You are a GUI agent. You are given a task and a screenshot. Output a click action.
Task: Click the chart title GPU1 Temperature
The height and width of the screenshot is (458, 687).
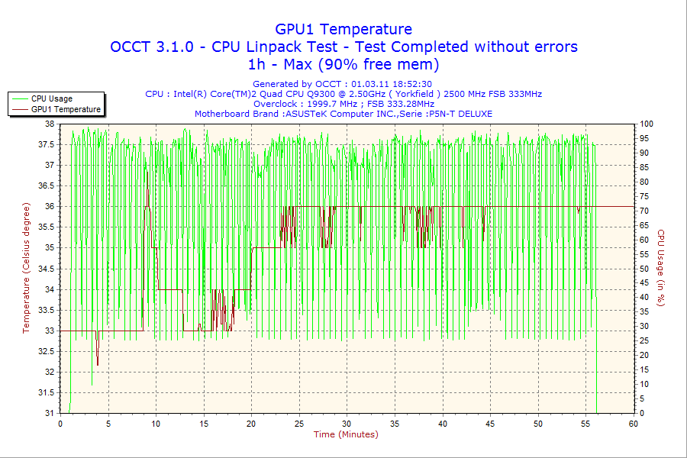coord(343,29)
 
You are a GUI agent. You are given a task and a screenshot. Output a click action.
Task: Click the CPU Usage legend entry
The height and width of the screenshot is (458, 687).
coord(52,98)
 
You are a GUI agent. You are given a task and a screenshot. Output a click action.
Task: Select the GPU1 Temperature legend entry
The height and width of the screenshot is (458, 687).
coord(66,109)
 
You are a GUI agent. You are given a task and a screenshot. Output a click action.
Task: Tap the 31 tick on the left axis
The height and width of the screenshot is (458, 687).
coord(50,413)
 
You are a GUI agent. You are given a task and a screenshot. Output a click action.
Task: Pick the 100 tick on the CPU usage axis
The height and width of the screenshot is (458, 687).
coord(646,124)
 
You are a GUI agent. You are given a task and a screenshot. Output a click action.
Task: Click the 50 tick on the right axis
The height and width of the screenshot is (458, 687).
coord(643,269)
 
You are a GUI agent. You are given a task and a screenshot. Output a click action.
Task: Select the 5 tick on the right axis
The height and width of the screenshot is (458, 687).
coord(641,398)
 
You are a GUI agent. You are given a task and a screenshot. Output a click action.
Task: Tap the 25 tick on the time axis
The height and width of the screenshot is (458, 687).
coord(299,424)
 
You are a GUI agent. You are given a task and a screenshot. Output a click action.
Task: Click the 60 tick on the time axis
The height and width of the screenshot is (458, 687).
coord(633,424)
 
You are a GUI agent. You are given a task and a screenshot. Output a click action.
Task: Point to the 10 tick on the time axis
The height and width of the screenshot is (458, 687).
coord(156,424)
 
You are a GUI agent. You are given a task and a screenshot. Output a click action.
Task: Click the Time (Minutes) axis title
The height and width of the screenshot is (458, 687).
coord(346,434)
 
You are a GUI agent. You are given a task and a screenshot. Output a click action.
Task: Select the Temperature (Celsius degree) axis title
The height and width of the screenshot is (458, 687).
coord(27,268)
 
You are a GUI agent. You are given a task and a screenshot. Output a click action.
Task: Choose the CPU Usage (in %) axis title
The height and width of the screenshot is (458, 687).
coord(661,268)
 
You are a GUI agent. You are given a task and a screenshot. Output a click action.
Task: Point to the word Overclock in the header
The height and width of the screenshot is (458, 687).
coord(276,104)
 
